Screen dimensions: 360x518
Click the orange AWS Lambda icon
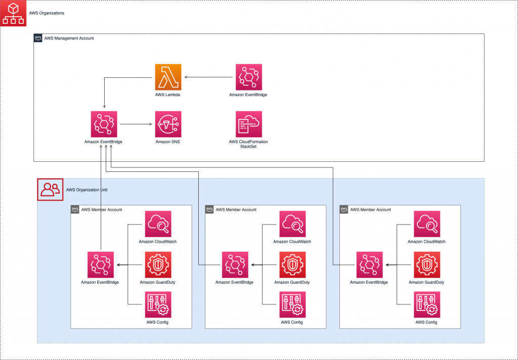[x=167, y=77]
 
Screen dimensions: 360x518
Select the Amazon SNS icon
[x=167, y=124]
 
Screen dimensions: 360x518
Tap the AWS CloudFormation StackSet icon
[x=248, y=124]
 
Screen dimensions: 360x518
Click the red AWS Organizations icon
[x=13, y=13]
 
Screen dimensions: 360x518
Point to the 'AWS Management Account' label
[x=69, y=38]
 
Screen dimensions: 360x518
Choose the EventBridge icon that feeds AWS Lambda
[x=248, y=77]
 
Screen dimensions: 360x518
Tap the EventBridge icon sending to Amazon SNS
[x=104, y=124]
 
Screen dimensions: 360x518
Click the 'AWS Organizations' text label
[x=47, y=13]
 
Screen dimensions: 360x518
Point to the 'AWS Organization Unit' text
[x=87, y=190]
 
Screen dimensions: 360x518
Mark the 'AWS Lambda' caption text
[x=167, y=95]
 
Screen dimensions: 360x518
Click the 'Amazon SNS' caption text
[x=167, y=142]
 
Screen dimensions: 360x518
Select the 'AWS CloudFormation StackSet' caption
[x=248, y=145]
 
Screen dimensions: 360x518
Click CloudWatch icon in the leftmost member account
[x=157, y=224]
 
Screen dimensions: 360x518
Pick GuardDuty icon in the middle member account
[x=292, y=264]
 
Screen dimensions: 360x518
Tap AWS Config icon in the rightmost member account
[x=426, y=304]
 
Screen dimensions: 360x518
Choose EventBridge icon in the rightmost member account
[x=369, y=264]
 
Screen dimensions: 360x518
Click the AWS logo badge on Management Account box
[x=38, y=38]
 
